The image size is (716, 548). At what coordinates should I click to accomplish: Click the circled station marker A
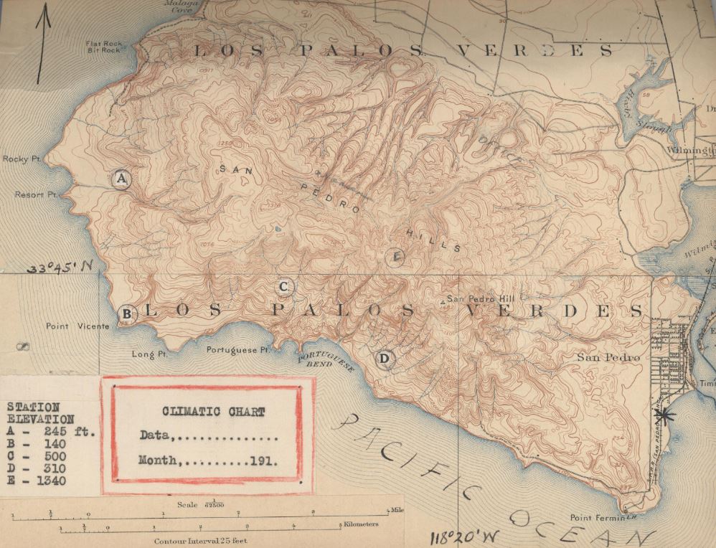[x=121, y=178]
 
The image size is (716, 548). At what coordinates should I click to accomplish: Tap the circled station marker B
[x=126, y=313]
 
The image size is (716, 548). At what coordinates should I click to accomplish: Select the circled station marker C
[x=284, y=287]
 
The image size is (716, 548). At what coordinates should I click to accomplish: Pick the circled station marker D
[x=385, y=358]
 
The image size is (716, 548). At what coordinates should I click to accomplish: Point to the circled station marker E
[x=395, y=257]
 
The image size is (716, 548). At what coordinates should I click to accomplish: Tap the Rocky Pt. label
[x=20, y=159]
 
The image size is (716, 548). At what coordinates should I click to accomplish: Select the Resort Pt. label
[x=36, y=195]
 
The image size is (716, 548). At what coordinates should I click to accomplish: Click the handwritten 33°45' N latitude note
[x=61, y=268]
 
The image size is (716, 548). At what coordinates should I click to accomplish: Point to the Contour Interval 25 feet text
[x=200, y=540]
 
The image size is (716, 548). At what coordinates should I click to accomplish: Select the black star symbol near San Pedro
[x=665, y=415]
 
